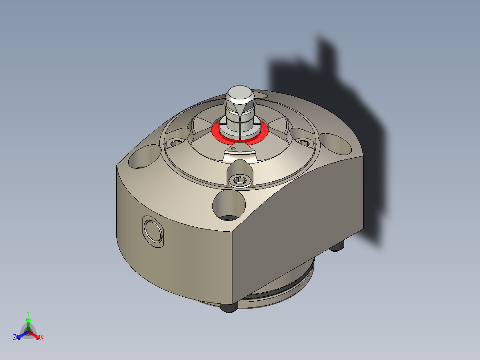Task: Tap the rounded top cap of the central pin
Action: (240, 94)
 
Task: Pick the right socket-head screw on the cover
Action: (304, 143)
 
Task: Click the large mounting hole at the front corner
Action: (229, 205)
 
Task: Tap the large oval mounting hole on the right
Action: (335, 143)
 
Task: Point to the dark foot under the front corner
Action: (229, 308)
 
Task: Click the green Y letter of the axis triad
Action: (28, 313)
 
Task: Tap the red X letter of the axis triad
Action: (42, 338)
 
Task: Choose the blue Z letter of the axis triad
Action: (15, 338)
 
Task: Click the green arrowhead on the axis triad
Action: (28, 320)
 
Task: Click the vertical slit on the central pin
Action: (239, 127)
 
